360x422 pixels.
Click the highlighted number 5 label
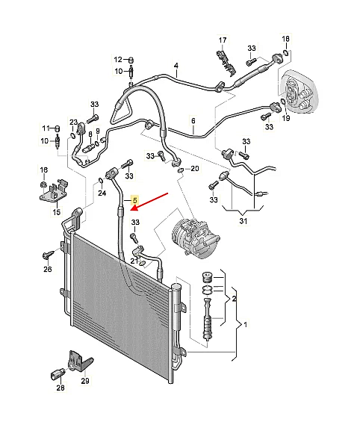[134, 200]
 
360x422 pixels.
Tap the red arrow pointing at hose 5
[149, 202]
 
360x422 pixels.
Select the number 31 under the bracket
[243, 221]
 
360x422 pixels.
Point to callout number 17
[223, 40]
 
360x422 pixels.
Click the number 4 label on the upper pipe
[176, 66]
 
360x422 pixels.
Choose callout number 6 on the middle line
[193, 121]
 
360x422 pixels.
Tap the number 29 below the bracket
[84, 381]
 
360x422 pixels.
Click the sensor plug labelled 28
[57, 375]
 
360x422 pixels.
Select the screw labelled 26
[49, 255]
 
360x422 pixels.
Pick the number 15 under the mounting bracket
[56, 212]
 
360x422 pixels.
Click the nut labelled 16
[43, 184]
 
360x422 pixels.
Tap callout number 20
[195, 169]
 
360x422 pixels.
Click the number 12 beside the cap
[118, 59]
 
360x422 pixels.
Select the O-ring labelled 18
[287, 52]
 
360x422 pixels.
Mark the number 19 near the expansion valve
[286, 117]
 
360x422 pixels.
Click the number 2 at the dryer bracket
[234, 299]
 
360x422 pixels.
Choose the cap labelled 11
[57, 128]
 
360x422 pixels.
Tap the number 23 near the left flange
[73, 122]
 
